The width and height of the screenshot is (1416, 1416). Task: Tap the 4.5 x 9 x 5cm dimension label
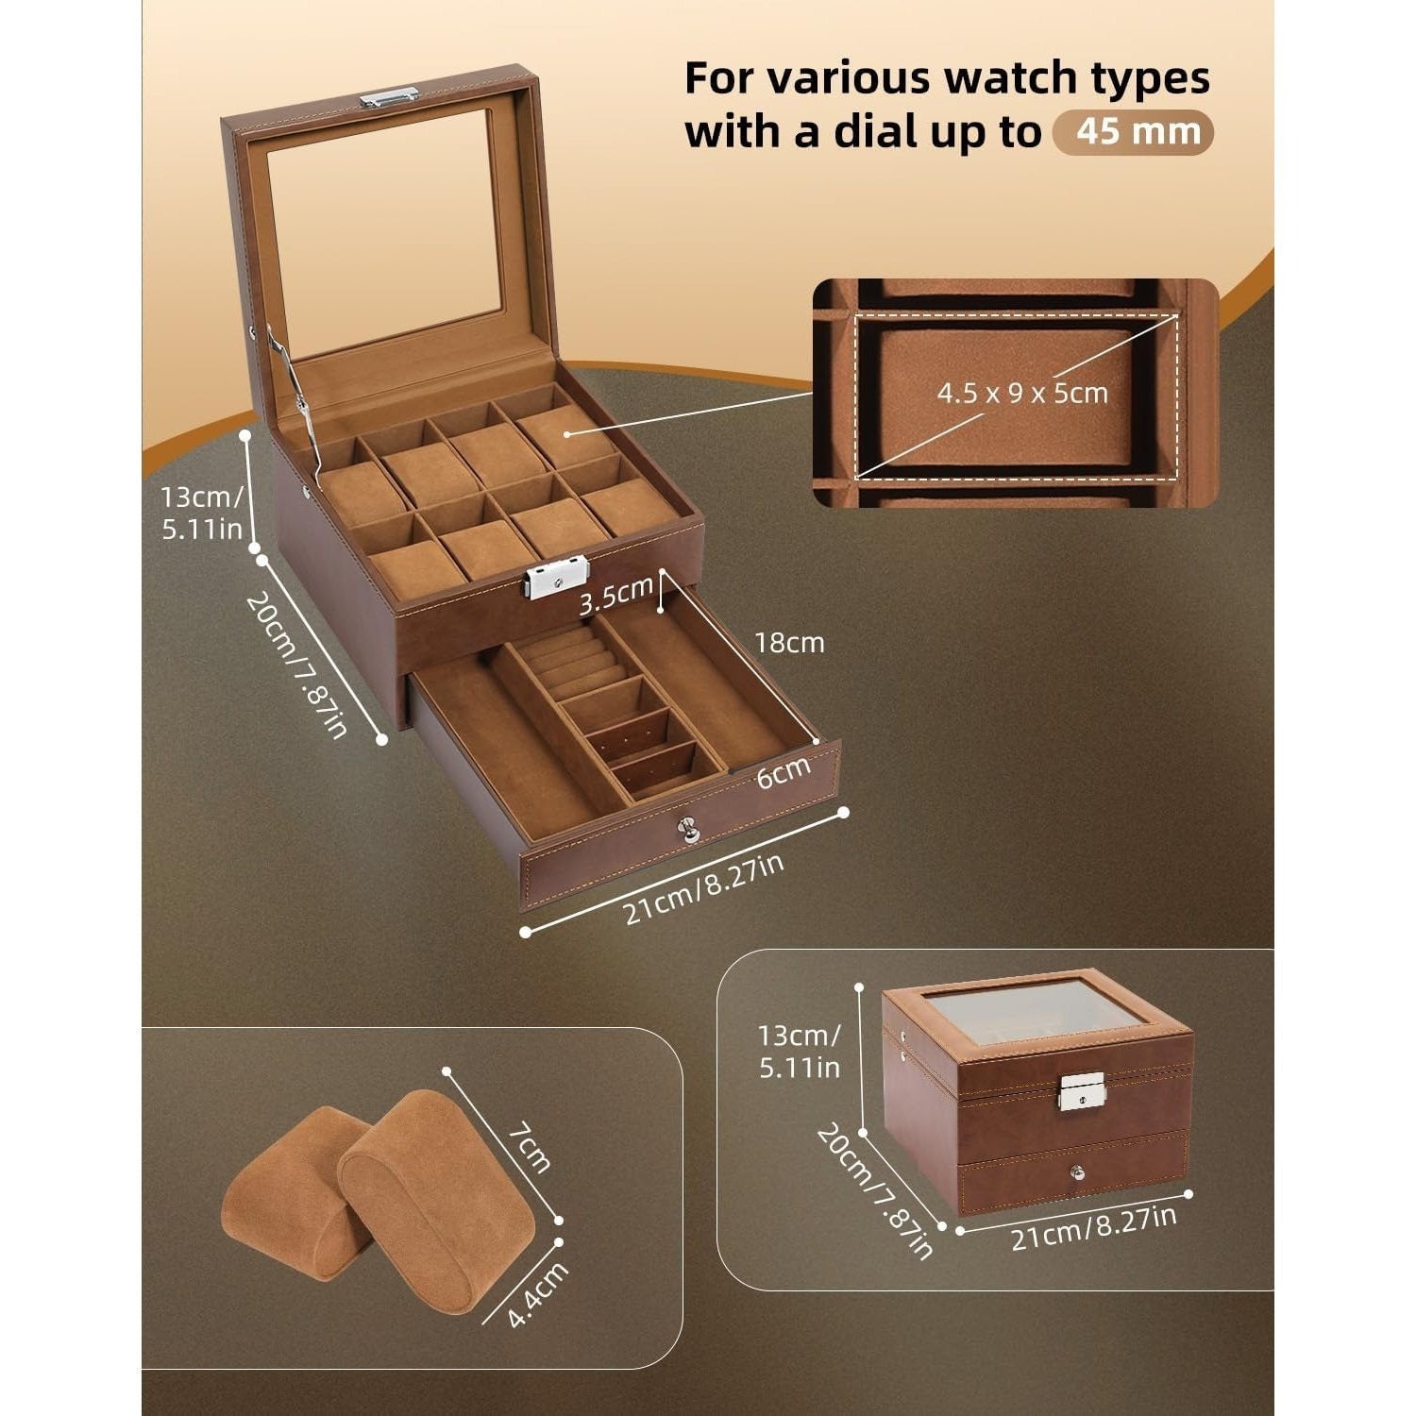tap(1021, 392)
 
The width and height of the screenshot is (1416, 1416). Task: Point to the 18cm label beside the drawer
tap(790, 643)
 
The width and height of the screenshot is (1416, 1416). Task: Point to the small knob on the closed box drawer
tap(1075, 1173)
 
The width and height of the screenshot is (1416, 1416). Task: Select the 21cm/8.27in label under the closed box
tap(1094, 1226)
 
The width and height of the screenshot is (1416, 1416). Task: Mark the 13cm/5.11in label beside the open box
tap(203, 510)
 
